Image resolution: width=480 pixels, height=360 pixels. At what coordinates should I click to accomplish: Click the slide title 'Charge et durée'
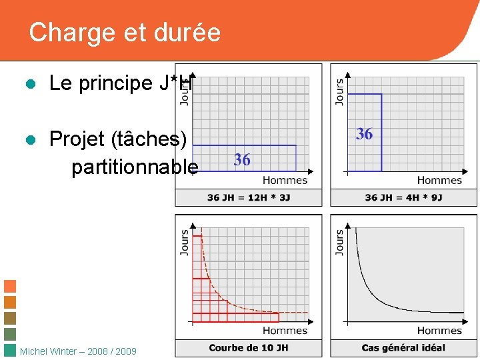pos(125,32)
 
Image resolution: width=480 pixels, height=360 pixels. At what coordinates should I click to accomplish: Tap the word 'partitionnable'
pos(135,167)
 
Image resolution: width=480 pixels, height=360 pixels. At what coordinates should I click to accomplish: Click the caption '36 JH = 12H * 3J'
pos(248,197)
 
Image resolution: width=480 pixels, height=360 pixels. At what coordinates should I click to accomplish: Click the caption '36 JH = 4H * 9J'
pos(403,197)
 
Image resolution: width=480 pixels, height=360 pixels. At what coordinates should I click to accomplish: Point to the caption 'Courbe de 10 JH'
pos(248,347)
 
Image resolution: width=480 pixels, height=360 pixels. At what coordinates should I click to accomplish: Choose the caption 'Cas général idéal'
pos(403,347)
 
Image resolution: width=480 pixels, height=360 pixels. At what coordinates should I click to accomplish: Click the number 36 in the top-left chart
pos(242,159)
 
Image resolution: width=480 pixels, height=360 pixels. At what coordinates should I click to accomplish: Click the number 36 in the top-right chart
pos(364,134)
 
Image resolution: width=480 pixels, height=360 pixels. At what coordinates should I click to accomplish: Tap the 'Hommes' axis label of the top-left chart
pos(285,180)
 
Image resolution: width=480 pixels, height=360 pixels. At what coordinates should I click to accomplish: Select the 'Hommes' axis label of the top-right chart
pos(439,180)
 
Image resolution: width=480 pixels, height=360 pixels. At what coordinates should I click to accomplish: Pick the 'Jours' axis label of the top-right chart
pos(339,91)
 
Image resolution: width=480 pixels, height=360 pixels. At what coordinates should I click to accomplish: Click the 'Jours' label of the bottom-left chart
pos(185,243)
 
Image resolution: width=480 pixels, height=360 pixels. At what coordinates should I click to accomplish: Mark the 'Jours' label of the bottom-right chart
pos(339,243)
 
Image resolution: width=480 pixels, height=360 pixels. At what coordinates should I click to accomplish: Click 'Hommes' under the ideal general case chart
pos(439,330)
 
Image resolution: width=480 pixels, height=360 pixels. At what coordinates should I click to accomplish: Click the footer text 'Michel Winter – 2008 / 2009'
pos(79,351)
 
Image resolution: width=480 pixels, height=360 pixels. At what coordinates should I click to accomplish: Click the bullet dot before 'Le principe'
pos(29,84)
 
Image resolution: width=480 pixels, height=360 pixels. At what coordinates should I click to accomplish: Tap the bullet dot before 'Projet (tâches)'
pos(29,139)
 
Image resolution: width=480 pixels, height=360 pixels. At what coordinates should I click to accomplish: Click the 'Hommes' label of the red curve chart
pos(285,330)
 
